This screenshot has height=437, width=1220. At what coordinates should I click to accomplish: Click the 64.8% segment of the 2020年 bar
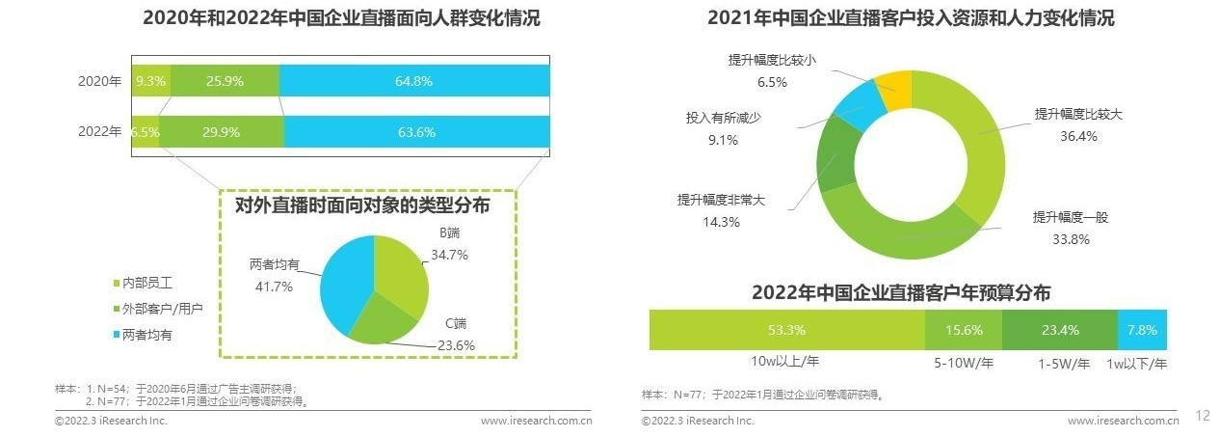tap(414, 81)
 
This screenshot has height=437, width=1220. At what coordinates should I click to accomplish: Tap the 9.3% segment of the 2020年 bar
tap(151, 81)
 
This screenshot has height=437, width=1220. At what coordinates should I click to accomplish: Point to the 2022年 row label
tap(99, 132)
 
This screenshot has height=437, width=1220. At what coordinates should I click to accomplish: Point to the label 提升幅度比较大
tap(1078, 115)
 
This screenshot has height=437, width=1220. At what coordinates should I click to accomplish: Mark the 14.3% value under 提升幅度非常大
tap(722, 222)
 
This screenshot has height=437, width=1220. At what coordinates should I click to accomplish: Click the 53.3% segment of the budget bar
tap(786, 330)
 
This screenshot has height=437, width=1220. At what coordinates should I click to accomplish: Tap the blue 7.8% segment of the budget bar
tap(1142, 330)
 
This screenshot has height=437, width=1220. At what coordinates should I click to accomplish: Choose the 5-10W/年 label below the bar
tap(963, 364)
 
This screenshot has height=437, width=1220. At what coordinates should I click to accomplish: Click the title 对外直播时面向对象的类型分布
tap(362, 205)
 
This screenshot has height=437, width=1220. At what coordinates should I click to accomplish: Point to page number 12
tap(1202, 416)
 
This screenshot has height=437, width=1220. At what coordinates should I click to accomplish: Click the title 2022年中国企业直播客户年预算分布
tap(901, 292)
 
